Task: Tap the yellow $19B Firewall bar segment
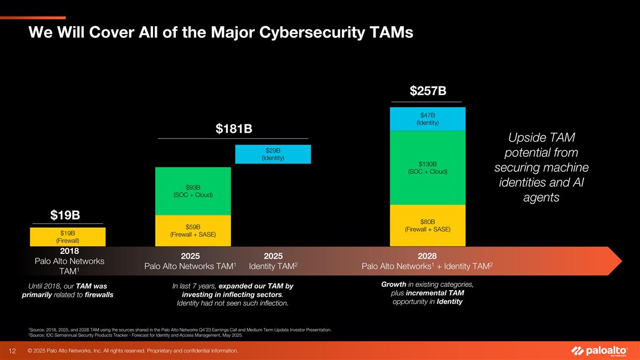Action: (x=68, y=237)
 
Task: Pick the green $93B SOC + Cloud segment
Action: (x=193, y=191)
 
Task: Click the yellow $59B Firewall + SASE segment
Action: (x=193, y=230)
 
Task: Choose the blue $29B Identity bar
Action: (x=273, y=154)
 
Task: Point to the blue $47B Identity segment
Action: (x=428, y=119)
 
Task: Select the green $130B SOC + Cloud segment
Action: (x=428, y=167)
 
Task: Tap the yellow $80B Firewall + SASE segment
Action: (x=428, y=225)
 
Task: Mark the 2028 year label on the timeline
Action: (x=428, y=256)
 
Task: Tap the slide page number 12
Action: (x=11, y=350)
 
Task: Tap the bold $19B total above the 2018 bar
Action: (x=65, y=215)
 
